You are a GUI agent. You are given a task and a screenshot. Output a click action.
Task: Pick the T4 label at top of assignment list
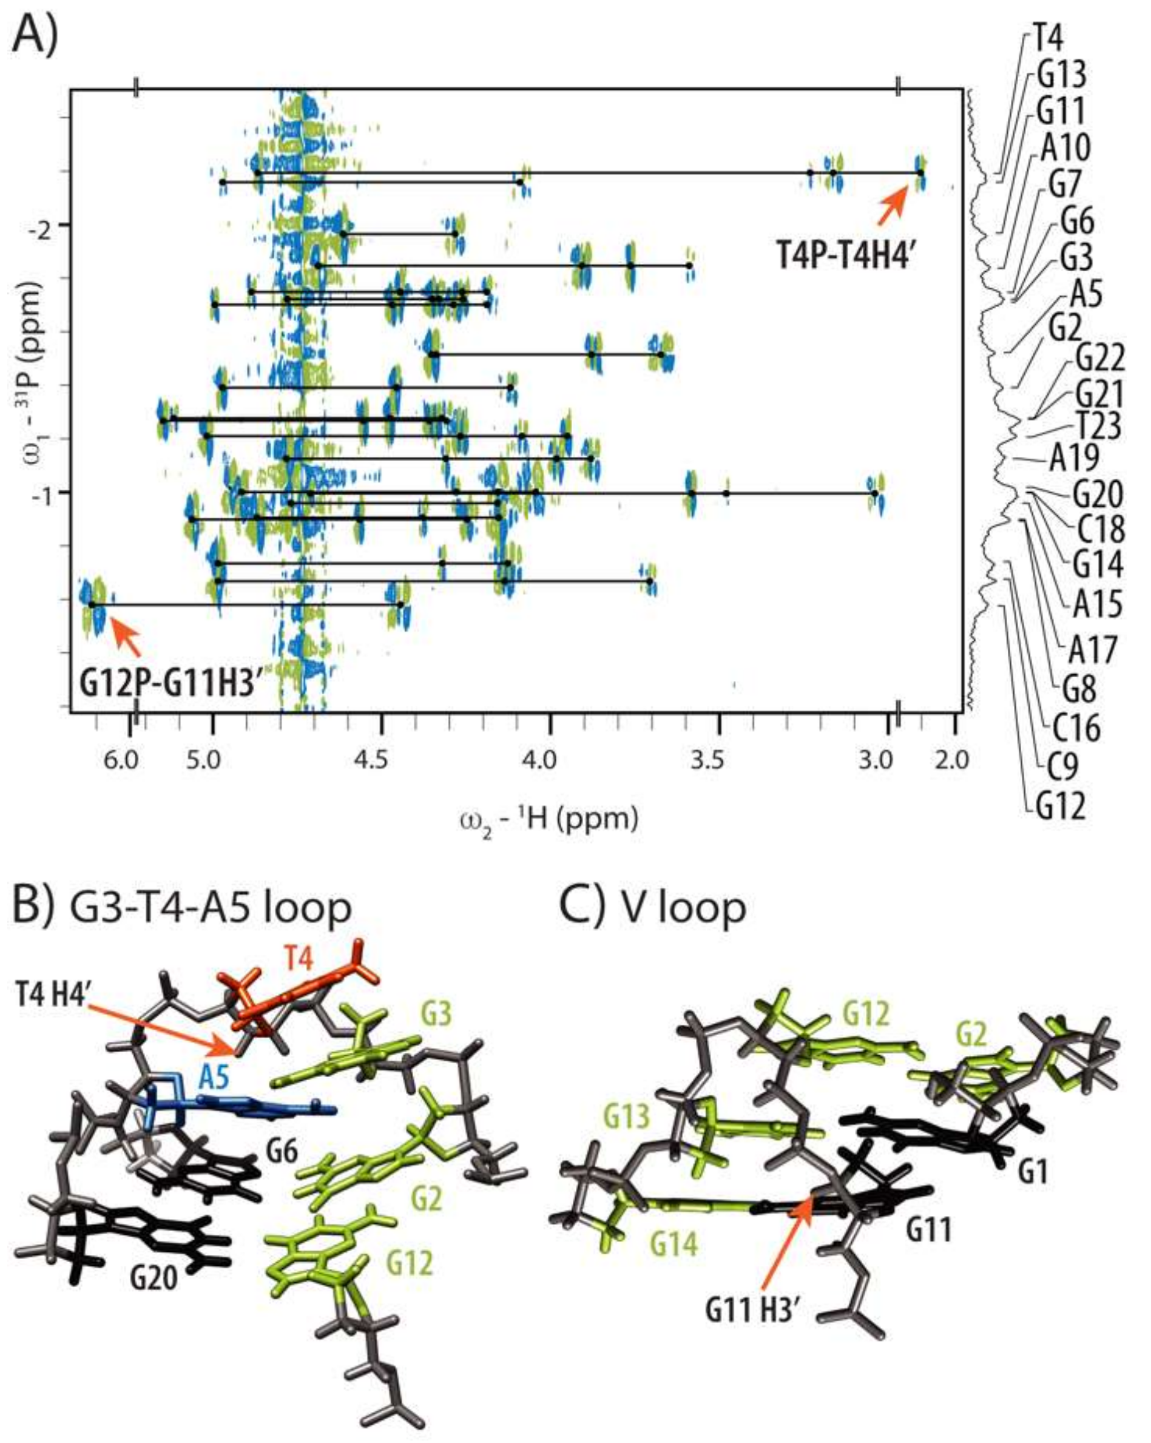[1048, 39]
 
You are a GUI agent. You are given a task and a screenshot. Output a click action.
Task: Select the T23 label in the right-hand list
[1098, 425]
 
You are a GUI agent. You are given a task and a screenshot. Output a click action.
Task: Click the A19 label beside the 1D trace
[1073, 457]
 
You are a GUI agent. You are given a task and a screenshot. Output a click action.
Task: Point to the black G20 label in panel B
[154, 1279]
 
